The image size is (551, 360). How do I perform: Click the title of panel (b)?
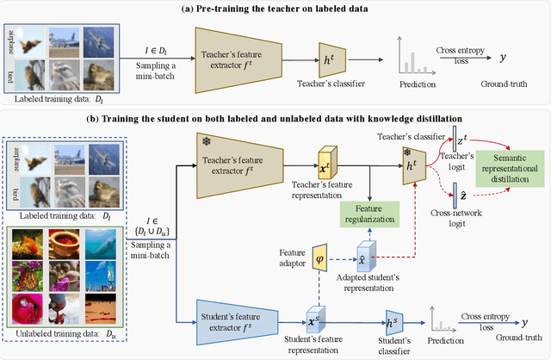pyautogui.click(x=275, y=116)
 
